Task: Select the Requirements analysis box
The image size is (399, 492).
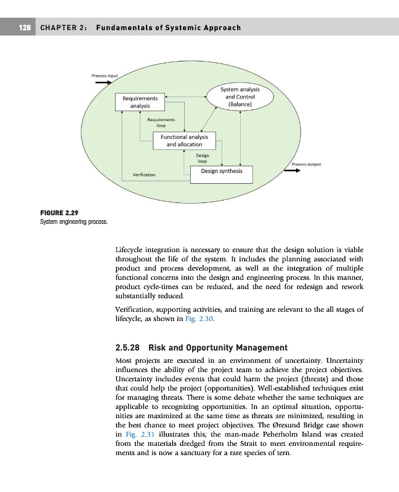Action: (140, 102)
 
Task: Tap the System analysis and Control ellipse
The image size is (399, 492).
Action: (240, 97)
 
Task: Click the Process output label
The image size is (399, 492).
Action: (308, 164)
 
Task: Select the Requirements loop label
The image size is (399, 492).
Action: (161, 122)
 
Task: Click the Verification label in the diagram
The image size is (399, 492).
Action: (144, 175)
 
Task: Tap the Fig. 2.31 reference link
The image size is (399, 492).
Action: (137, 434)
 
